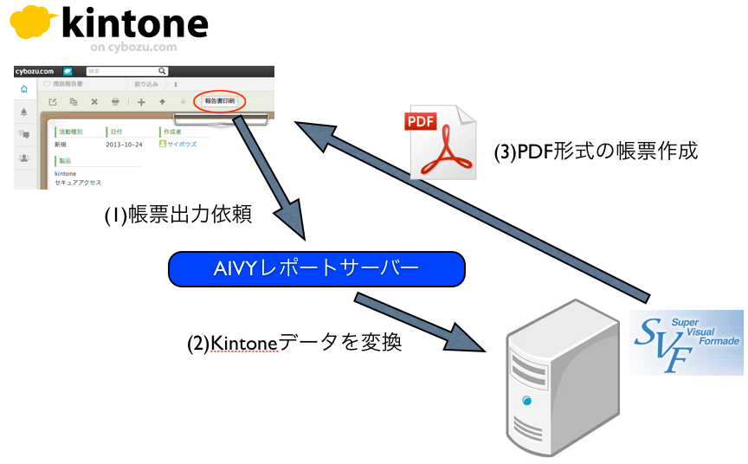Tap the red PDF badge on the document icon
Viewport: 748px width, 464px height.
[420, 121]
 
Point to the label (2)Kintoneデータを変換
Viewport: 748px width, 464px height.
[294, 343]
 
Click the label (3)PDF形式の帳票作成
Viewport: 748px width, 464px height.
[596, 151]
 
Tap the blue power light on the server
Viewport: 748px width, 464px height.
[526, 400]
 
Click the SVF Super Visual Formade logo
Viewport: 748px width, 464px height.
[686, 343]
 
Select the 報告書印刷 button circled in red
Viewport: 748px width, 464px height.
[219, 101]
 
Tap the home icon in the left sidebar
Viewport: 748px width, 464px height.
[23, 88]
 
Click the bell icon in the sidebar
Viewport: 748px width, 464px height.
[23, 112]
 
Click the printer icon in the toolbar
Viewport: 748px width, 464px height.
[116, 102]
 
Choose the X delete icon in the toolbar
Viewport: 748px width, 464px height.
[94, 102]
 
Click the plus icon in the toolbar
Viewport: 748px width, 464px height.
[141, 102]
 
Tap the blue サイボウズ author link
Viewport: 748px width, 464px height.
[182, 145]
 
